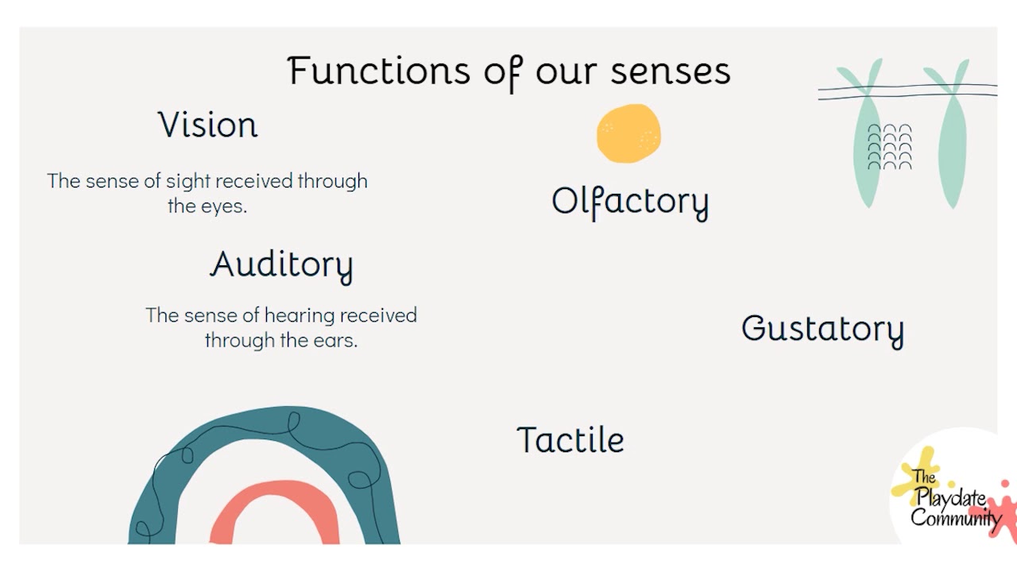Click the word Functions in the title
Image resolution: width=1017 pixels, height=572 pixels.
pyautogui.click(x=379, y=71)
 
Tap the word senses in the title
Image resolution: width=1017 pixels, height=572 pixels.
pyautogui.click(x=670, y=71)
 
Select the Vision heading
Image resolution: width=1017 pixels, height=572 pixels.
pyautogui.click(x=208, y=126)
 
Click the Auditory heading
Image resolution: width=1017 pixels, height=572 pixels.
pyautogui.click(x=281, y=265)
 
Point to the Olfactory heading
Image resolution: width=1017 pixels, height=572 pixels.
pyautogui.click(x=629, y=202)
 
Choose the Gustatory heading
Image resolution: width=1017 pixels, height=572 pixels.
pyautogui.click(x=822, y=329)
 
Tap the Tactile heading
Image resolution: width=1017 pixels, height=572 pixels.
pyautogui.click(x=570, y=440)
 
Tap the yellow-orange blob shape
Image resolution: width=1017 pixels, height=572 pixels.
pyautogui.click(x=628, y=133)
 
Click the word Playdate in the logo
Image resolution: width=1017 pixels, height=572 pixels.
pyautogui.click(x=951, y=498)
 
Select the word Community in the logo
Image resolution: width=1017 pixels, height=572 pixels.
pyautogui.click(x=955, y=518)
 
